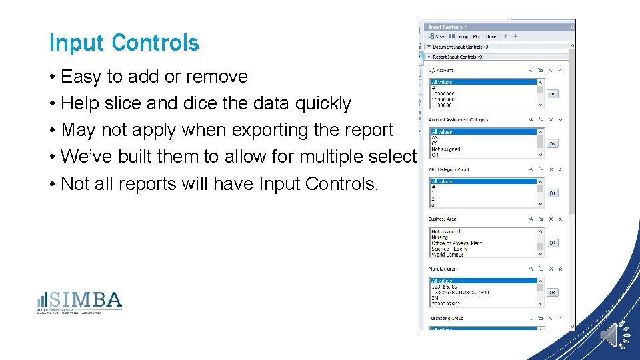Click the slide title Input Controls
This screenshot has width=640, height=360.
[x=124, y=43]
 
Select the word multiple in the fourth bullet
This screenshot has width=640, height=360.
[x=319, y=157]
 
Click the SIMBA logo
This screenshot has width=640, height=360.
[x=80, y=302]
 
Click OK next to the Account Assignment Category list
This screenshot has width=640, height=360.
[x=553, y=143]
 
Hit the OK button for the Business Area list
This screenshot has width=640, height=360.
[x=553, y=243]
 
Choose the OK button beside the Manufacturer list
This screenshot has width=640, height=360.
[x=553, y=292]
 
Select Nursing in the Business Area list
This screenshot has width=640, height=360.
[x=440, y=237]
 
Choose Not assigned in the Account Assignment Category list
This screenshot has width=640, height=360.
[x=446, y=149]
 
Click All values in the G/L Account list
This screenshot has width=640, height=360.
[x=442, y=83]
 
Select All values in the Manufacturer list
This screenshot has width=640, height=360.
[x=442, y=281]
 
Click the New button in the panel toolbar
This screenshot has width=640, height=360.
[x=437, y=37]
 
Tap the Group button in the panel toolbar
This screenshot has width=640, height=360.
[x=459, y=37]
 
